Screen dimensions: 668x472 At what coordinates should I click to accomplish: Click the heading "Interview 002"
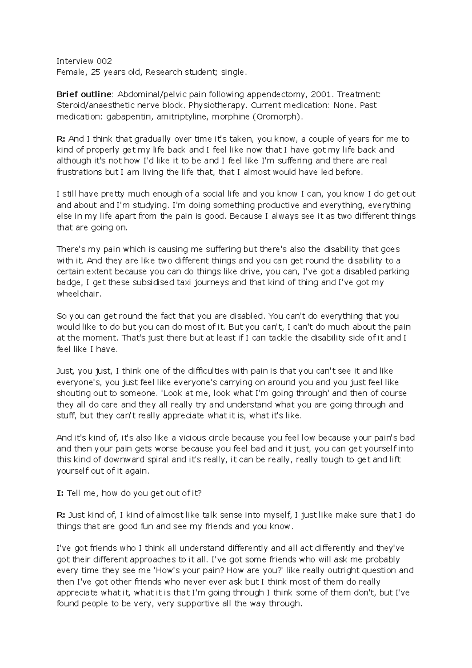pos(84,61)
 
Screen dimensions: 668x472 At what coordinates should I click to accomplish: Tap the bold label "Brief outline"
pos(84,94)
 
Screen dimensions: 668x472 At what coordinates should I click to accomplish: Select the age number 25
pos(94,72)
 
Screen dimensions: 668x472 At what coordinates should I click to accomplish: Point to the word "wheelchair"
pos(79,294)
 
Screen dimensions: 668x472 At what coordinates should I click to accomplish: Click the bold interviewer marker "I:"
pos(60,493)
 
